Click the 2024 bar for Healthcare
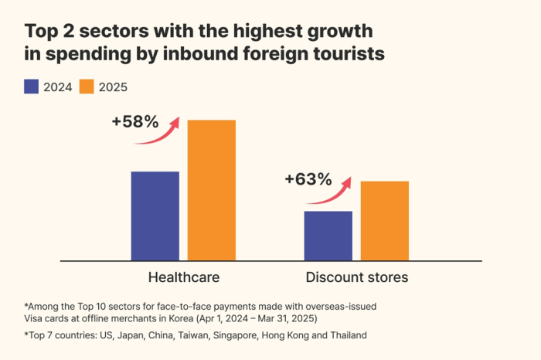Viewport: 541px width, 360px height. [155, 216]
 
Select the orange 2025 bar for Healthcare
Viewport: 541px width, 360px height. [212, 190]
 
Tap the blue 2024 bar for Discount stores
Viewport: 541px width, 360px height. [328, 236]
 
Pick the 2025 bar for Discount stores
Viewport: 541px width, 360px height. [385, 221]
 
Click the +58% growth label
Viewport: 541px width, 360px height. [134, 121]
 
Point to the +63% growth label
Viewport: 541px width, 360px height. [308, 179]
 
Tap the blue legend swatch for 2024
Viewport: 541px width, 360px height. [32, 87]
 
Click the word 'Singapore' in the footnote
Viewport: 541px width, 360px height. [233, 335]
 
